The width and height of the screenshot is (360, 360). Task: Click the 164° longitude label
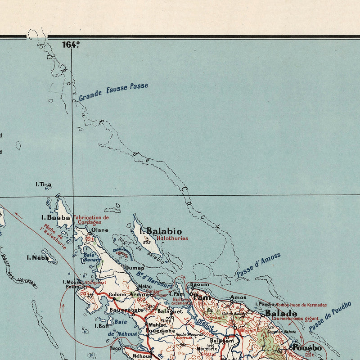[x=71, y=44]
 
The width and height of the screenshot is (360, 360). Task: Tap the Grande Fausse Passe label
[x=113, y=91]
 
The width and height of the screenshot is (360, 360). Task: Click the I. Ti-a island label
[x=44, y=184]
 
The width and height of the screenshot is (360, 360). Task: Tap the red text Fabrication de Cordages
[x=91, y=220]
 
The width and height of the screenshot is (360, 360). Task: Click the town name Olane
[x=100, y=230]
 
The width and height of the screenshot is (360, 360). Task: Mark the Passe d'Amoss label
[x=258, y=265]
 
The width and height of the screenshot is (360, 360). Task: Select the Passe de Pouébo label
[x=330, y=316]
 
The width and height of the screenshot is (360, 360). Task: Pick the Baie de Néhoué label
[x=117, y=328]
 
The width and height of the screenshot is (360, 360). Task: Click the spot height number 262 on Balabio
[x=146, y=242]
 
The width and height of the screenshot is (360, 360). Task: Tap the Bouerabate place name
[x=126, y=310]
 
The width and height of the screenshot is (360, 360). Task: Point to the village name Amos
[x=238, y=297]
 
